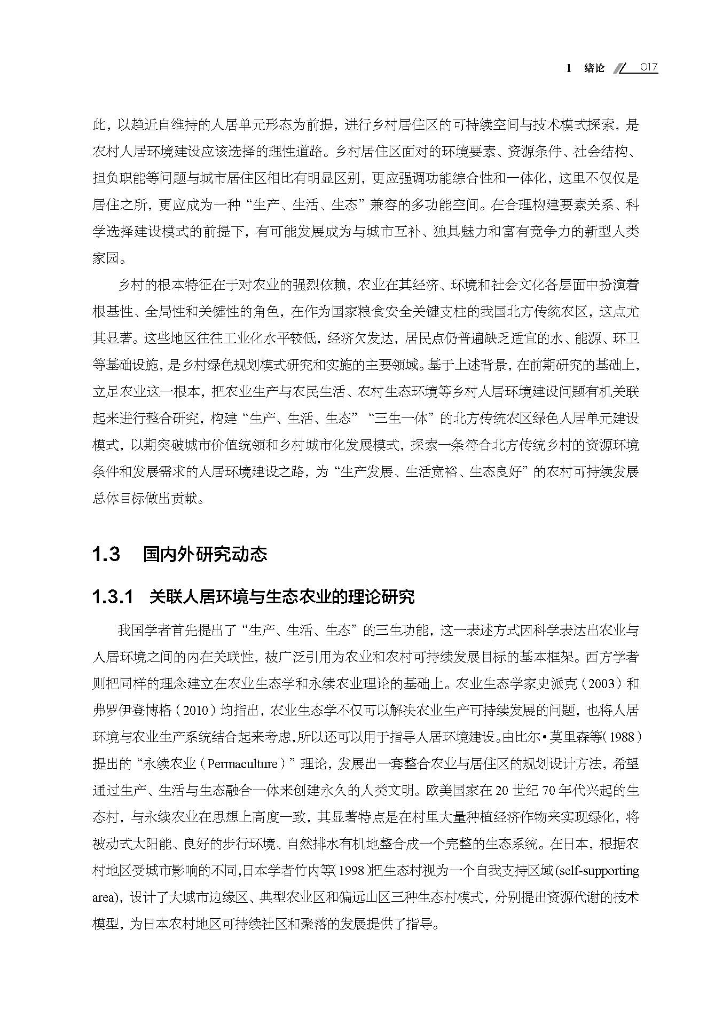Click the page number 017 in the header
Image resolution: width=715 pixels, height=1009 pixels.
coord(648,68)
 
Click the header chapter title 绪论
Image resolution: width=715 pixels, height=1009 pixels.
coord(594,68)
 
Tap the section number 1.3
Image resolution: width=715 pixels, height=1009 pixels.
coord(106,554)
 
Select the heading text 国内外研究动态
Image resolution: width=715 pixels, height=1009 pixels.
coord(205,554)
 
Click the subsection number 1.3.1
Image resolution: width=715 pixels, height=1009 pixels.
coord(112,597)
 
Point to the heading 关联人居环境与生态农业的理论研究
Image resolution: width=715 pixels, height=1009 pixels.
coord(282,597)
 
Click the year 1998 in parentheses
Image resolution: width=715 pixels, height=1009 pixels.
coord(354,871)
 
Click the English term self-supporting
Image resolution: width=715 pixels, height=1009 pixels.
coord(599,871)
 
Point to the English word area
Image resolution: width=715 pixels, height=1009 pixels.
coord(103,897)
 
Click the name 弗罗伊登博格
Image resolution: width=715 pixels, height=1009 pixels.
coord(132,711)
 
